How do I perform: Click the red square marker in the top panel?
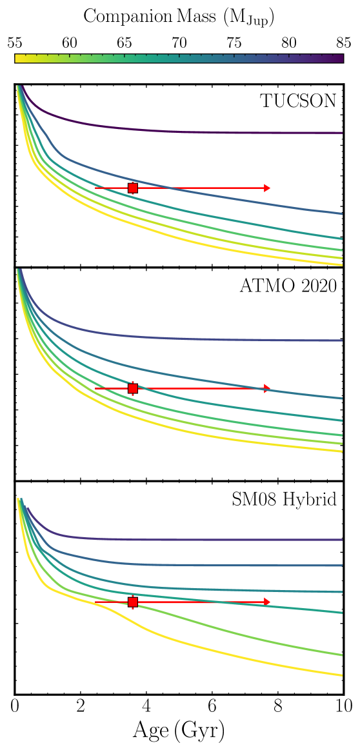[x=133, y=188]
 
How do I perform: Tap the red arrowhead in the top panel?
[x=267, y=188]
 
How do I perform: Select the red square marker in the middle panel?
[x=133, y=388]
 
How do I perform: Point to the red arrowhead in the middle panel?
[x=267, y=388]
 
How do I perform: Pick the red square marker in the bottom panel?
[x=133, y=602]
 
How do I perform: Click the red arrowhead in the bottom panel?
[x=267, y=602]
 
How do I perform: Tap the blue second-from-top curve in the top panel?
[x=258, y=201]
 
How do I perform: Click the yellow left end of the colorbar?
[x=18, y=58]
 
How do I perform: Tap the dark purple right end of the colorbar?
[x=340, y=58]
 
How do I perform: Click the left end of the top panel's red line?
[x=96, y=188]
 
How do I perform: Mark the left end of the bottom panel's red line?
[x=96, y=602]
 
